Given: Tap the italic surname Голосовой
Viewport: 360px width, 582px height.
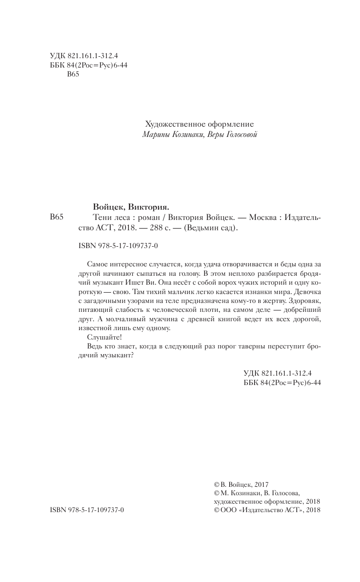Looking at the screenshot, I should (239, 135).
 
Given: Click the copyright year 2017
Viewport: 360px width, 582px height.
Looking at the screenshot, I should (260, 484).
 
